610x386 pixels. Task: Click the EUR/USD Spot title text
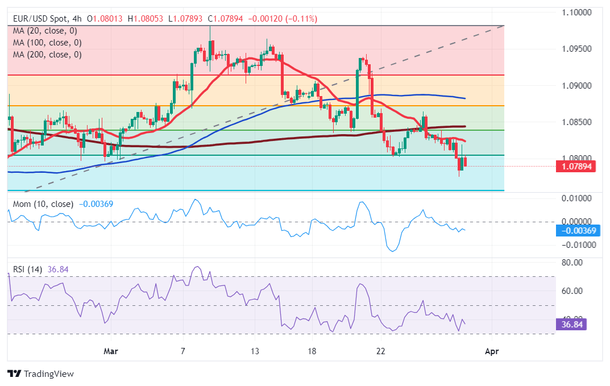pyautogui.click(x=39, y=19)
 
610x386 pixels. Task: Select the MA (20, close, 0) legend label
pyautogui.click(x=45, y=31)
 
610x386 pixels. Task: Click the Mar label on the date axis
pyautogui.click(x=111, y=352)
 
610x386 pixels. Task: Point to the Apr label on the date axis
pyautogui.click(x=492, y=352)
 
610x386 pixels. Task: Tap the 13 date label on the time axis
pyautogui.click(x=255, y=352)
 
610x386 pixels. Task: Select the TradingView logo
pyautogui.click(x=40, y=373)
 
